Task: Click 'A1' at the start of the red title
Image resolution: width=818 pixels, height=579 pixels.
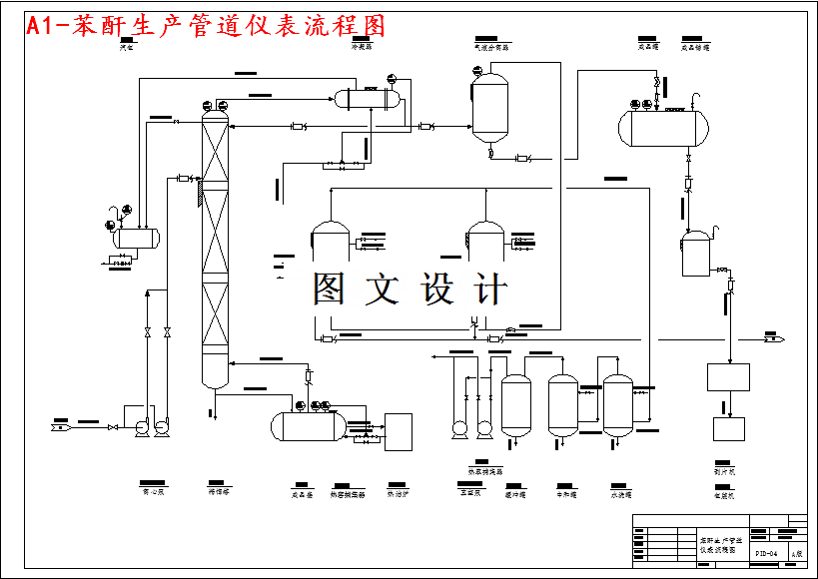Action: click(41, 26)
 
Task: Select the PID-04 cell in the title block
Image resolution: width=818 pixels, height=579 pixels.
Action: click(766, 552)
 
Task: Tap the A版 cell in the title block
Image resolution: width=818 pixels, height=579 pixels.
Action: click(796, 552)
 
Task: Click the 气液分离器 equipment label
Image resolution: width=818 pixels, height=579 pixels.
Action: click(491, 47)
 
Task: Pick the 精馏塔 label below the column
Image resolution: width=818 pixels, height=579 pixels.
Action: click(218, 492)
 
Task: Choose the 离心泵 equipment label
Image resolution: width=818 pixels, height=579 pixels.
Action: click(153, 492)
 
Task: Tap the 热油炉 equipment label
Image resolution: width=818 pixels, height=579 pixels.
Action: click(398, 493)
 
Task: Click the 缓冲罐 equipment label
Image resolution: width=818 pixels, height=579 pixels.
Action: click(515, 493)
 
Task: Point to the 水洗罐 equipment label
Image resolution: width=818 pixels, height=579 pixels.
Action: click(620, 493)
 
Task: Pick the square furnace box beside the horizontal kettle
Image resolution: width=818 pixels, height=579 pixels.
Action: click(399, 431)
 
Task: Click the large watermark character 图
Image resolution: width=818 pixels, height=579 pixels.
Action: click(329, 289)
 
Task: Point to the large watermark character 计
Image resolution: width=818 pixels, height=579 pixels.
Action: click(490, 289)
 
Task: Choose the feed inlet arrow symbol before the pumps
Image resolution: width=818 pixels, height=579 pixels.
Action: click(60, 427)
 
